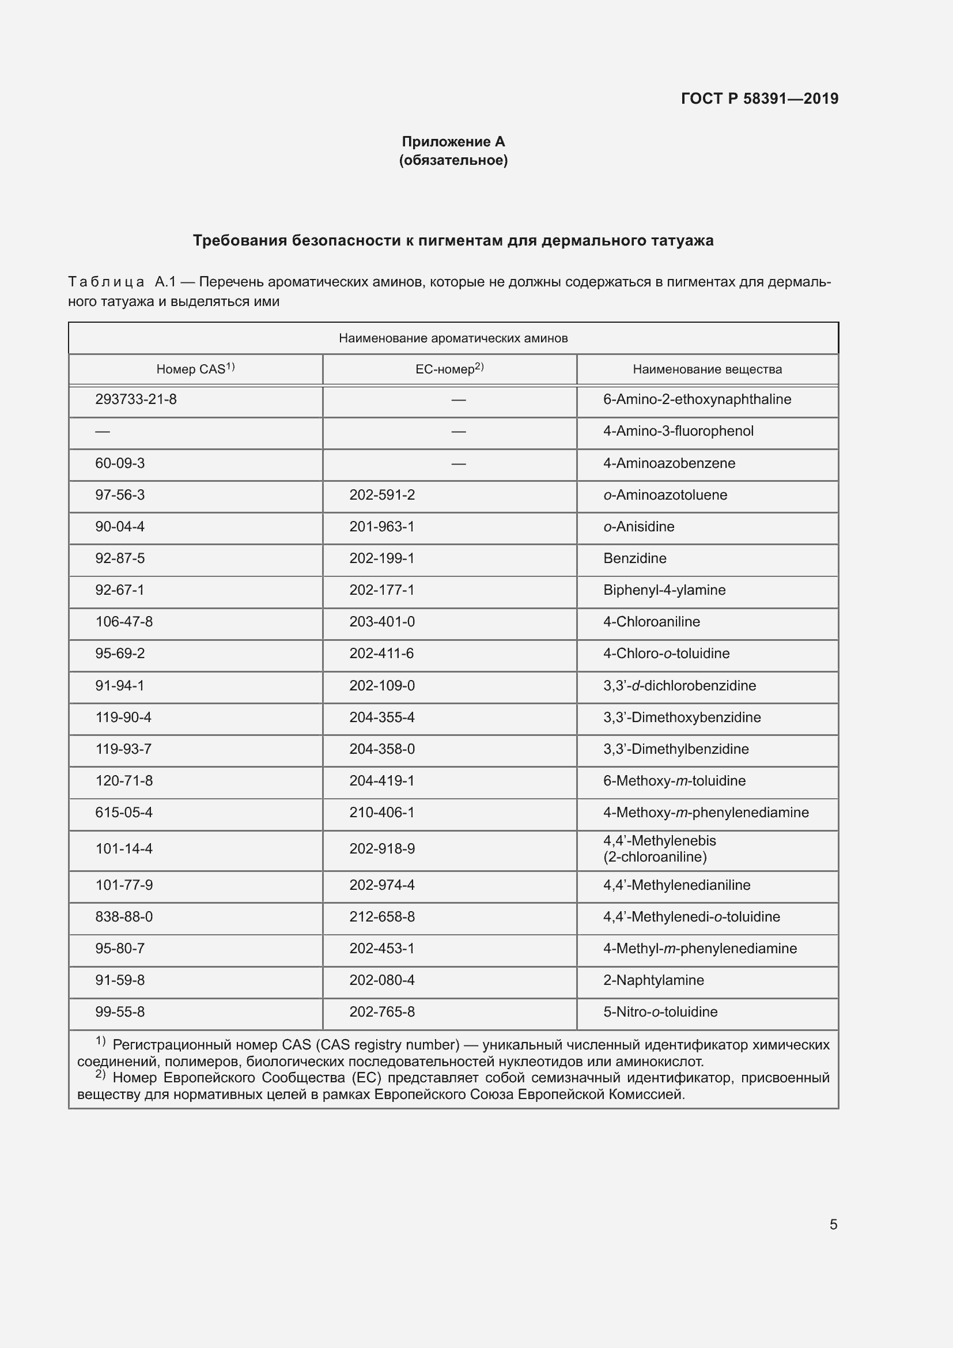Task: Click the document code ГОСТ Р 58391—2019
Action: click(759, 99)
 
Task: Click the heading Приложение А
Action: click(453, 142)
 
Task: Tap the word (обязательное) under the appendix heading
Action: click(453, 160)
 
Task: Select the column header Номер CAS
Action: click(195, 369)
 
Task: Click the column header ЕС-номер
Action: click(449, 369)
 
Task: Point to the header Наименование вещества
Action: click(707, 369)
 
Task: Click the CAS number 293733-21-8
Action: click(135, 400)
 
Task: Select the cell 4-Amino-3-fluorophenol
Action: click(678, 432)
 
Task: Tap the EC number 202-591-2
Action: click(382, 495)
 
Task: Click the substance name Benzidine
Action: click(634, 558)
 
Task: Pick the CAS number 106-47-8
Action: click(124, 622)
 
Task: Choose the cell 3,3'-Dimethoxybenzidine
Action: click(681, 718)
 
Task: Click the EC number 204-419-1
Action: click(382, 781)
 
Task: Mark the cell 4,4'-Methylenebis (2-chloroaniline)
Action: click(660, 849)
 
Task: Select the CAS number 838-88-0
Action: click(124, 917)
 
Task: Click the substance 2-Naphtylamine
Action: click(653, 980)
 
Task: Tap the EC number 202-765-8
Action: click(382, 1012)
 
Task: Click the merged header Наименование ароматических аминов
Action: click(453, 338)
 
